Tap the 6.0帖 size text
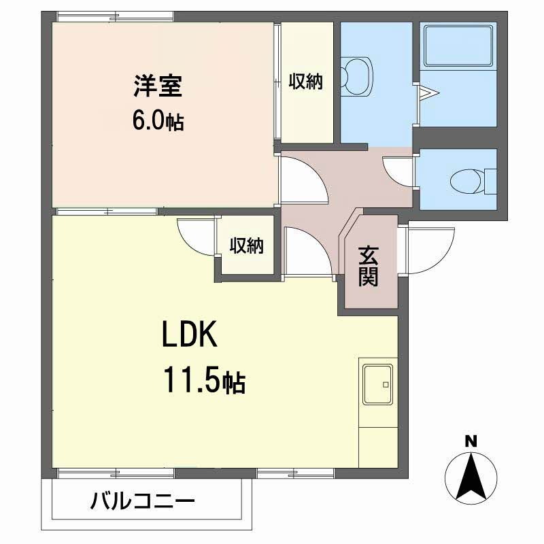tap(158, 121)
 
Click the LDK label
tap(190, 334)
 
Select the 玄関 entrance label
tap(368, 266)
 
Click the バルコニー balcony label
tap(143, 502)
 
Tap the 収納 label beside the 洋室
tap(306, 82)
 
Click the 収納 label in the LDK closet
tap(247, 245)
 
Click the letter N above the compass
tap(471, 441)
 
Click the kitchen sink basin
tap(378, 384)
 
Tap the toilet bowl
tap(466, 182)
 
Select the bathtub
tap(458, 46)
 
